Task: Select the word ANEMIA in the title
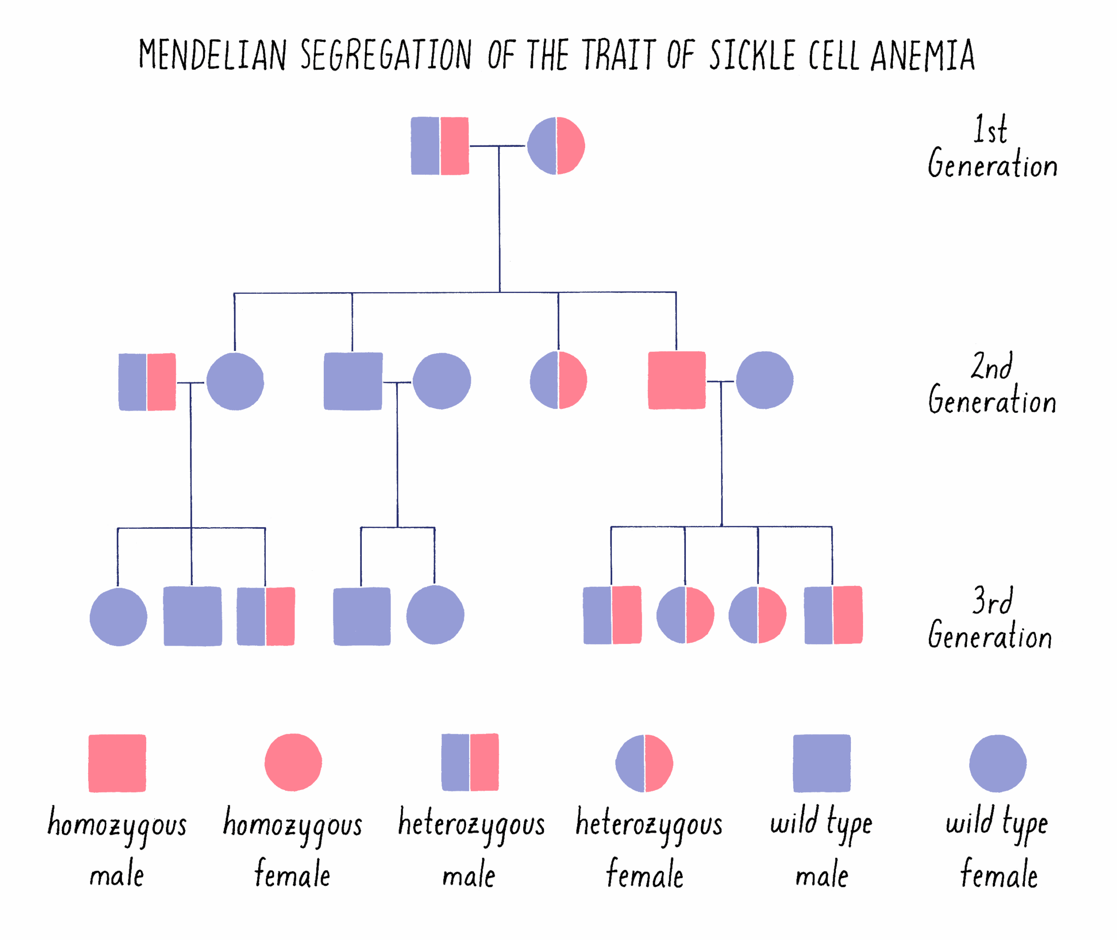pos(922,55)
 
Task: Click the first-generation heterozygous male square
pos(440,146)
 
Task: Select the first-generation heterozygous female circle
pos(556,146)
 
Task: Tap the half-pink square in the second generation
pos(147,382)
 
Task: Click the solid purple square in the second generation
pos(353,381)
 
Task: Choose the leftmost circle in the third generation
pos(118,617)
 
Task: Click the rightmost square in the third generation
pos(833,615)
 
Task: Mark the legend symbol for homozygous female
pos(293,763)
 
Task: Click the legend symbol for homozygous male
pos(117,763)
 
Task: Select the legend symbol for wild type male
pos(822,763)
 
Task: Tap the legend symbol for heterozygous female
pos(644,763)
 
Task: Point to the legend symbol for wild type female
pos(997,763)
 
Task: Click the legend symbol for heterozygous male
pos(470,763)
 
